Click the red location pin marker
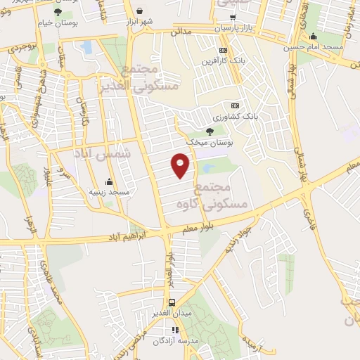click(x=181, y=166)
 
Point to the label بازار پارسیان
click(x=233, y=28)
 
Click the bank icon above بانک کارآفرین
click(x=224, y=50)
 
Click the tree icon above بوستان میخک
click(x=210, y=131)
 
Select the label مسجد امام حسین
click(x=314, y=48)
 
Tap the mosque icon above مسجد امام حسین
click(x=313, y=37)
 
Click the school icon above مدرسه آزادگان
click(x=174, y=330)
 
